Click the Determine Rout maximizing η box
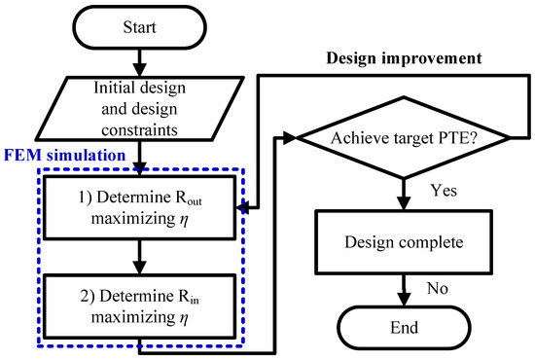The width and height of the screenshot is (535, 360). coord(141,206)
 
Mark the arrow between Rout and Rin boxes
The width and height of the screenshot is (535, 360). coord(141,254)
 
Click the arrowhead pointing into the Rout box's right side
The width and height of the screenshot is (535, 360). coord(242,206)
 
